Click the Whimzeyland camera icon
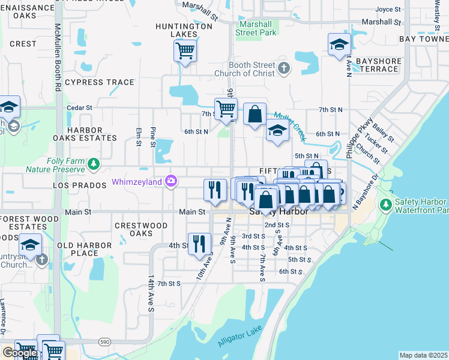tap(172, 181)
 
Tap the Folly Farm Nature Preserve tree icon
tap(93, 163)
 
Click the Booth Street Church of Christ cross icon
tap(284, 68)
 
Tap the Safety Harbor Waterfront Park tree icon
tap(386, 206)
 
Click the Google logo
tap(19, 353)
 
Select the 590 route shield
tap(105, 341)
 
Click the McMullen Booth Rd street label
tap(58, 57)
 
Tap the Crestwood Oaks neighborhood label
tap(141, 229)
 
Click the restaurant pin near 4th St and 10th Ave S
tap(199, 244)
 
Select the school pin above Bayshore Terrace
tap(339, 44)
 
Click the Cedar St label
tap(79, 108)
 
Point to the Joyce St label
tap(388, 10)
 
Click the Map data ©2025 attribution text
tap(423, 355)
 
